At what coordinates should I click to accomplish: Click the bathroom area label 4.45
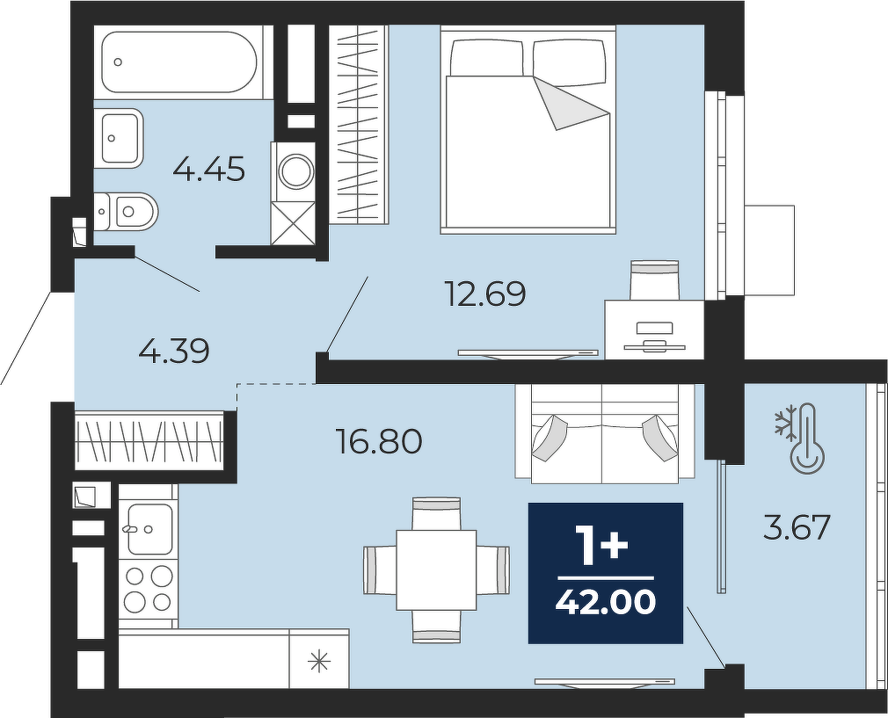209,169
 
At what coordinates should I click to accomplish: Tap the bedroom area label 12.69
486,294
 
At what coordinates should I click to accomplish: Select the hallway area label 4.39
174,351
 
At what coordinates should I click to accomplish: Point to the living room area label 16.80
379,441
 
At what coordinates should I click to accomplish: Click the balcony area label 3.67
797,527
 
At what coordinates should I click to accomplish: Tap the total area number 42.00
606,602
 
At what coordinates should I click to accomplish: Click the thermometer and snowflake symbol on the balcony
800,439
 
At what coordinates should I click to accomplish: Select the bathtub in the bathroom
179,62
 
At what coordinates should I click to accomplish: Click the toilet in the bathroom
125,212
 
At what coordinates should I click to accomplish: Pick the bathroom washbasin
120,138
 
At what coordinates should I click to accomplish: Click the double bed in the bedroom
528,129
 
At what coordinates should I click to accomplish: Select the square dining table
436,569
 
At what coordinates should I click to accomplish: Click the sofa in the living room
604,434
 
